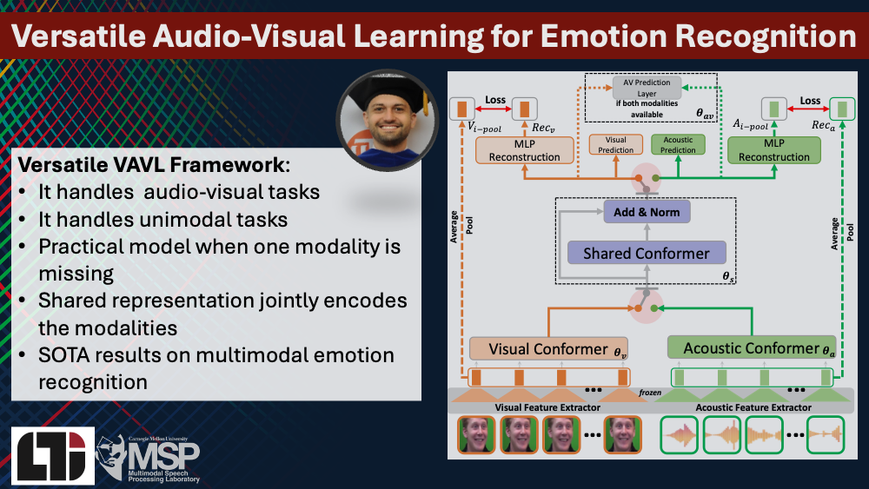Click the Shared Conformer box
tap(646, 254)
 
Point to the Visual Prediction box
tap(615, 144)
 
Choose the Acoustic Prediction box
tap(678, 144)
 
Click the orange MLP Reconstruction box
tap(524, 150)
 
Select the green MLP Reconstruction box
tap(773, 150)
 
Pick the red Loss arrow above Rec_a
tap(810, 110)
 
